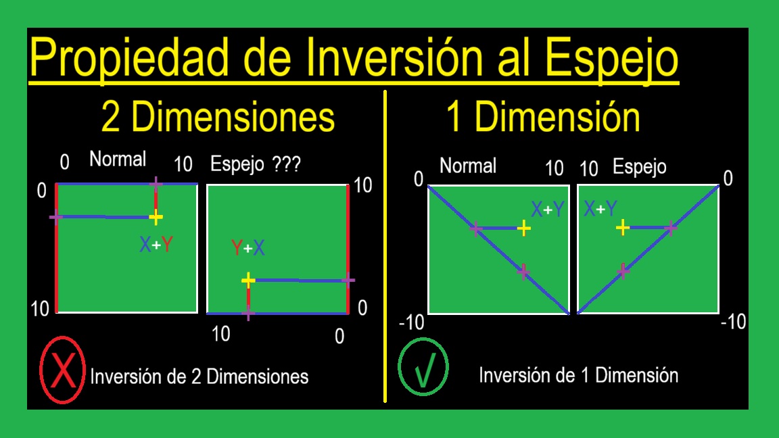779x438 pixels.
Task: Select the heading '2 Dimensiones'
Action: click(218, 117)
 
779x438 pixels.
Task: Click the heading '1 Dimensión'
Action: click(543, 117)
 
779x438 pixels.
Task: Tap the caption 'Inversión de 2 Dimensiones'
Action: click(199, 376)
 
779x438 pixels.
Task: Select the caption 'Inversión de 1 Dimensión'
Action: click(578, 374)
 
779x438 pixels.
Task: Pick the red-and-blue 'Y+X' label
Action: click(248, 248)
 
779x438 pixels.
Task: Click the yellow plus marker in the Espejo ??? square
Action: click(248, 280)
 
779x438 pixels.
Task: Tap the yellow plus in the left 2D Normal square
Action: click(156, 217)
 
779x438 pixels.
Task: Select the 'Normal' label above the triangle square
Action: click(468, 166)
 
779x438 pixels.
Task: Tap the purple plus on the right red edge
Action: click(348, 280)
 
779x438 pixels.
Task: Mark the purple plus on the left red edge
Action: click(56, 217)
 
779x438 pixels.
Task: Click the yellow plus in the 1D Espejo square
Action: click(623, 228)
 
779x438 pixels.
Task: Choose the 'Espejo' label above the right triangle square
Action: click(639, 166)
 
